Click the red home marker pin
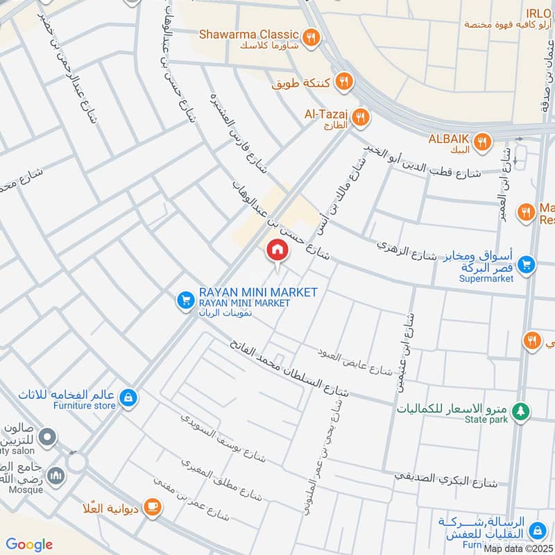pos(277,250)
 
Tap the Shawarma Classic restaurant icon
pos(311,37)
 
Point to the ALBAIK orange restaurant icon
pos(484,143)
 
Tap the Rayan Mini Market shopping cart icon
pos(185,300)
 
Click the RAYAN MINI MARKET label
pos(258,292)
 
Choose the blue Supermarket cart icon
pos(527,264)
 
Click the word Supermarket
pos(486,279)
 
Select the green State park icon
pos(521,413)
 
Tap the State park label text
pos(486,419)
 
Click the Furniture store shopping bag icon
pos(128,398)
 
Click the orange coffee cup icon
pos(153,508)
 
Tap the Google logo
pos(29,545)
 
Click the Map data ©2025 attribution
pos(518,549)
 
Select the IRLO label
pos(538,13)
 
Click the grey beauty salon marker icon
pos(47,437)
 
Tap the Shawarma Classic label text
pos(249,34)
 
